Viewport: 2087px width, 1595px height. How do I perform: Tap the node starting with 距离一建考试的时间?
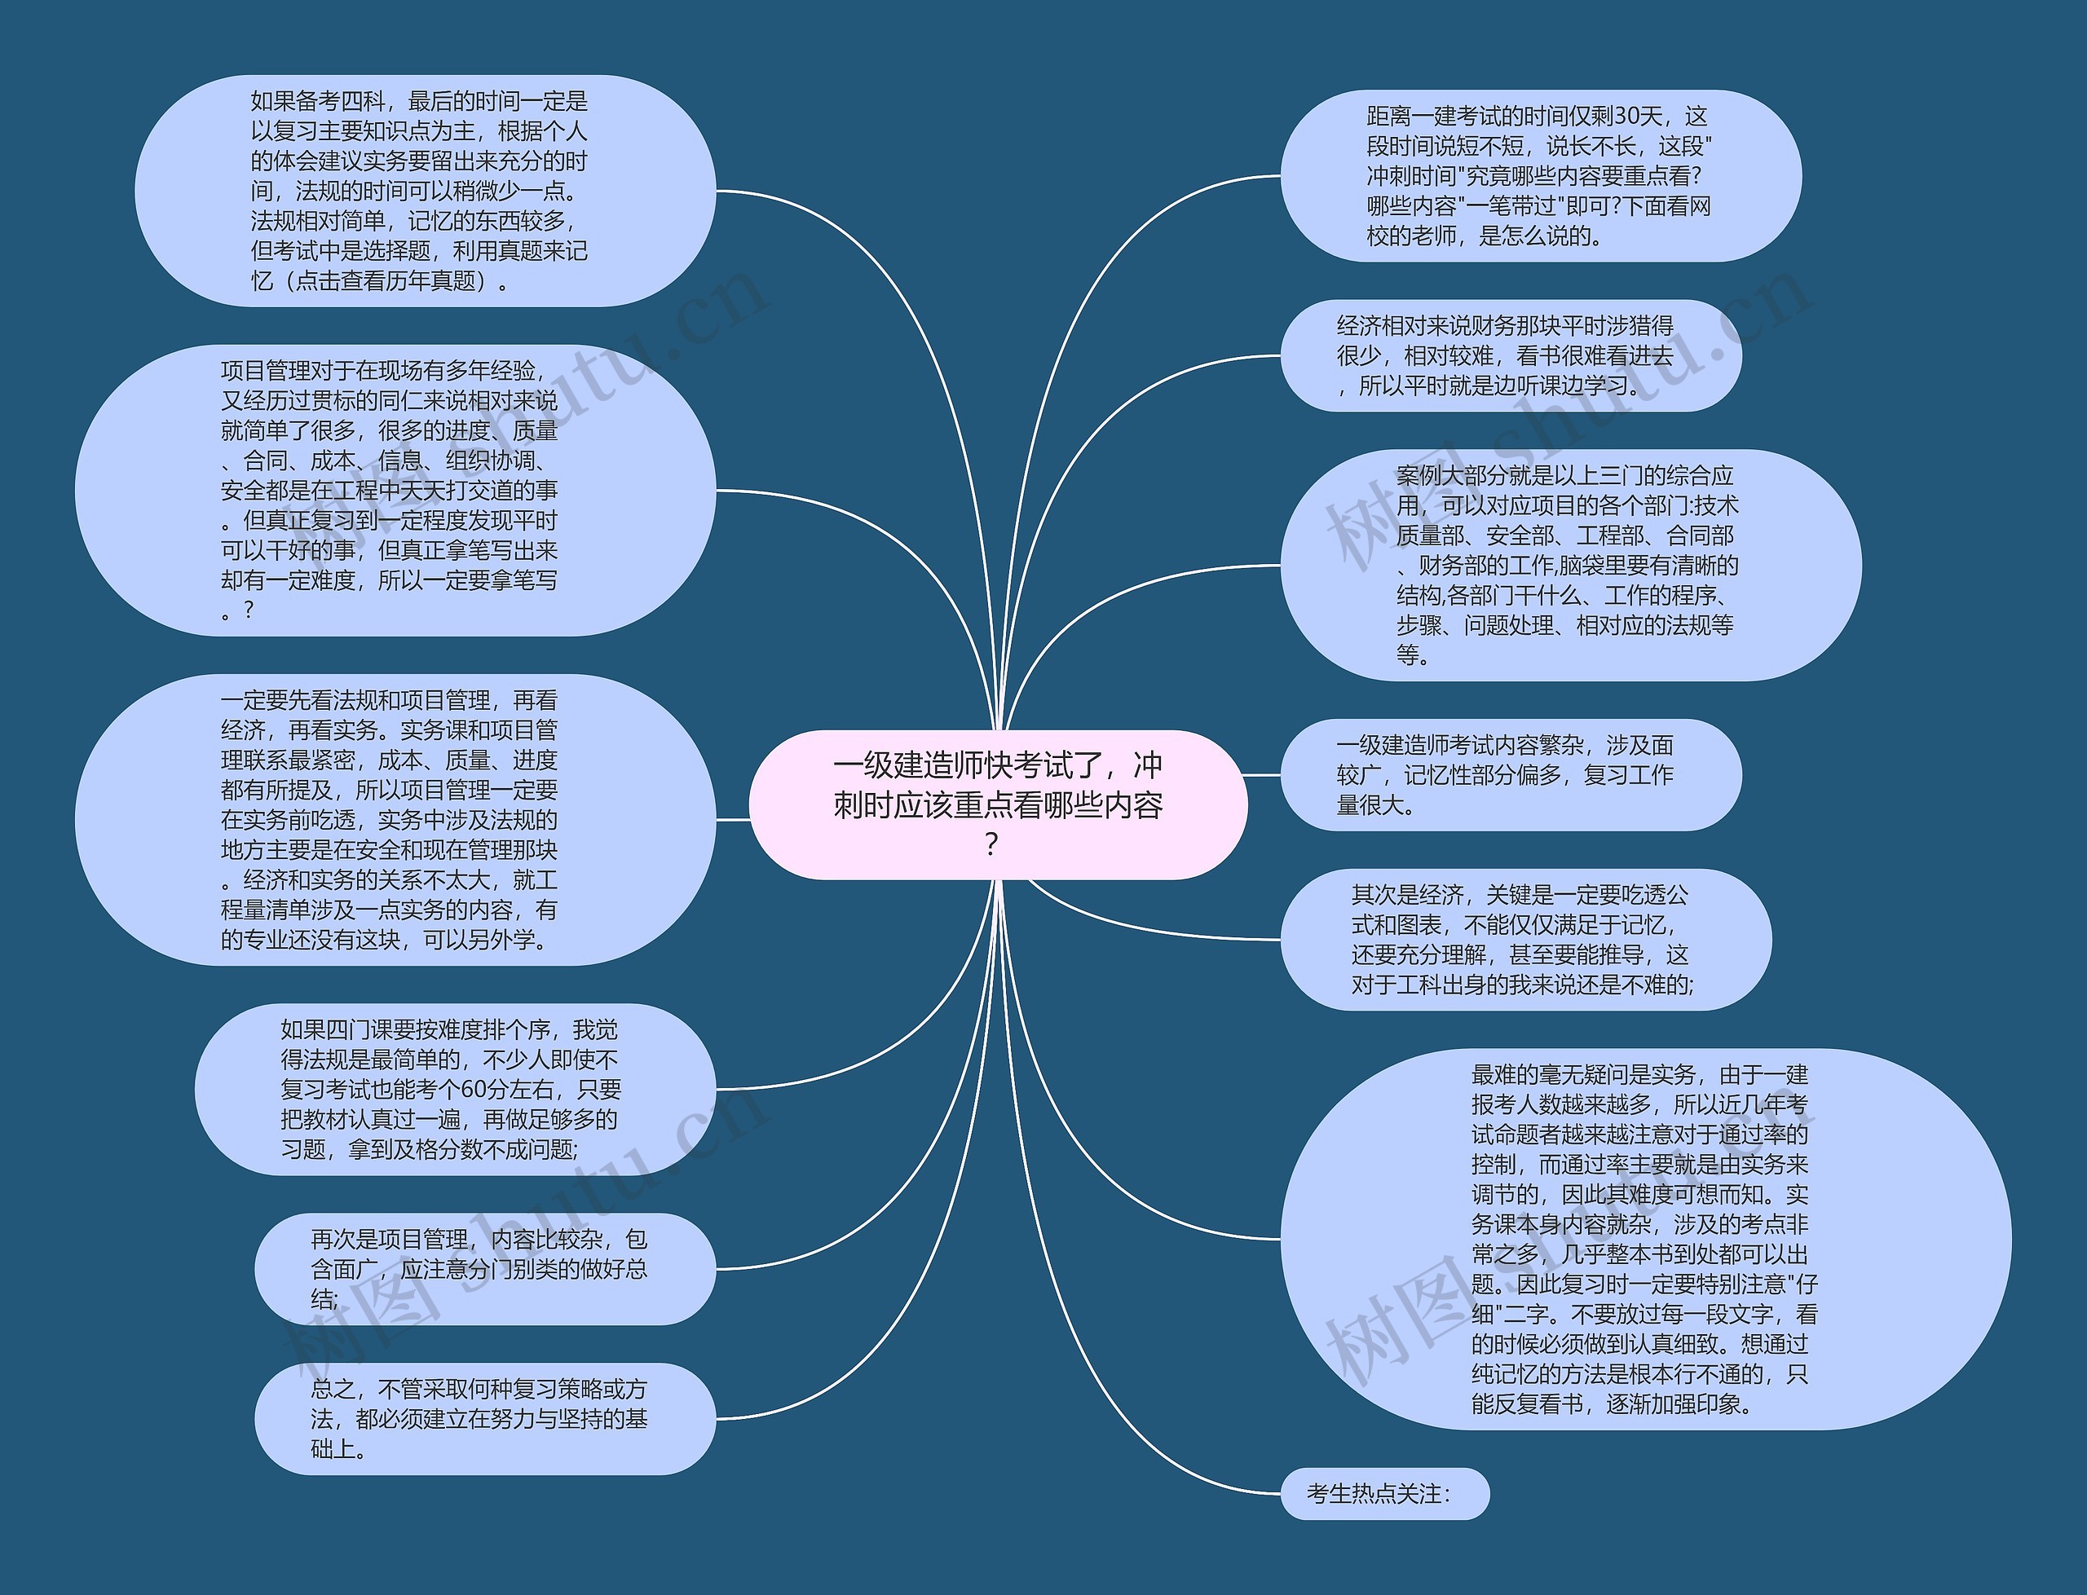[1539, 176]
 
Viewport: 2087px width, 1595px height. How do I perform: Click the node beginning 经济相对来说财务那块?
[1510, 355]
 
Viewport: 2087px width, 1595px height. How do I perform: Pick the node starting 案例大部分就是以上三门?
[1569, 565]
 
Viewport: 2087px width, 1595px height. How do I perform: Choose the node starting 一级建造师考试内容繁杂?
[1510, 775]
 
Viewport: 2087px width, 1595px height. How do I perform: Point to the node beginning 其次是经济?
[1525, 939]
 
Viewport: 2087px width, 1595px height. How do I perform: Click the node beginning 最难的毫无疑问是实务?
[1644, 1239]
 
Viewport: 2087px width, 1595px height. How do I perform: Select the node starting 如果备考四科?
[425, 191]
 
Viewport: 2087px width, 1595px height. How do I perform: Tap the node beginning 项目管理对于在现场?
[395, 490]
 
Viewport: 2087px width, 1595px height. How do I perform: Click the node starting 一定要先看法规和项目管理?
[395, 819]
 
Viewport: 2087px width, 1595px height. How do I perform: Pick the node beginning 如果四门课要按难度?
[455, 1089]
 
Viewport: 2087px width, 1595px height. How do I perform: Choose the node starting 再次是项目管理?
[484, 1268]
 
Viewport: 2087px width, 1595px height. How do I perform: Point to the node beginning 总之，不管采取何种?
[484, 1418]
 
